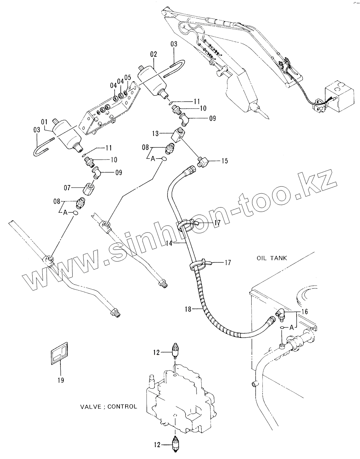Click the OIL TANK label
pos(272,258)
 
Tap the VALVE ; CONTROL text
pos(108,407)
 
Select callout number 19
pos(60,380)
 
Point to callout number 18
pos(188,309)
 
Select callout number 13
pos(155,133)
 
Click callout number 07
pos(67,188)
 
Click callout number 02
pos(153,54)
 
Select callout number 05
pos(128,77)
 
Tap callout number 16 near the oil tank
pos(304,311)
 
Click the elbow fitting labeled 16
pos(280,314)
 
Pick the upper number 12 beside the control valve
pos(157,352)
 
